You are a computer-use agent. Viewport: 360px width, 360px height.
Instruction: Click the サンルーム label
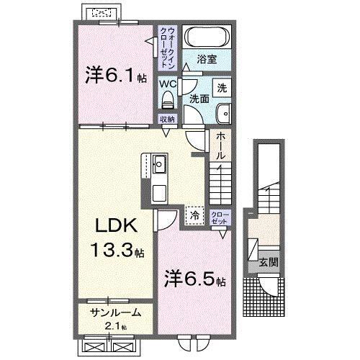click(115, 315)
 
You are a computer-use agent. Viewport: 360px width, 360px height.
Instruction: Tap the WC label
click(166, 84)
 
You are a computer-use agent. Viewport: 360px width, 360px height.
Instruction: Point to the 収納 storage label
click(167, 120)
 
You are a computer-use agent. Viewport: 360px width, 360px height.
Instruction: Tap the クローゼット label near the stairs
click(220, 217)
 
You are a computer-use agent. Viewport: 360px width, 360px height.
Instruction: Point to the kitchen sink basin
click(159, 165)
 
